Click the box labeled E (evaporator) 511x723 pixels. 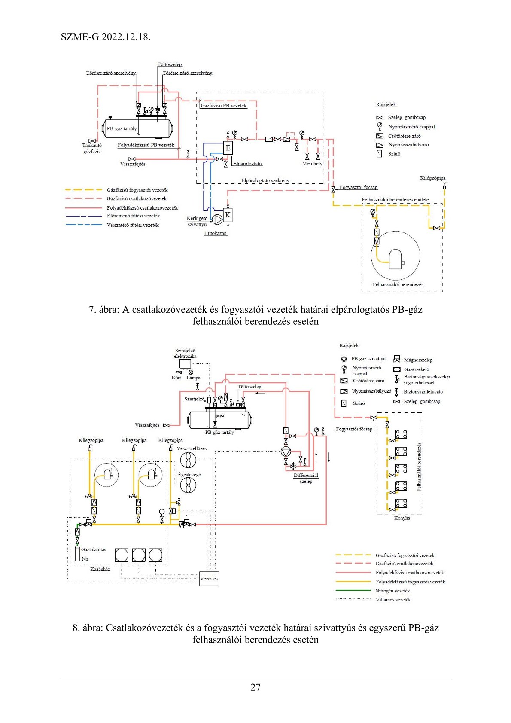[x=228, y=148]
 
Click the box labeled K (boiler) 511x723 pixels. [x=228, y=215]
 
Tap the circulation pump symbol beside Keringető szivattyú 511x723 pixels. [x=217, y=219]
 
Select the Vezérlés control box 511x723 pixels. [x=209, y=579]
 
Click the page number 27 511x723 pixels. [x=255, y=687]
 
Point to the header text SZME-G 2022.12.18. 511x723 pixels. [x=106, y=37]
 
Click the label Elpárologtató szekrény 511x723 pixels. [x=265, y=180]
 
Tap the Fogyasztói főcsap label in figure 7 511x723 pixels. [x=358, y=187]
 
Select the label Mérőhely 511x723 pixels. [x=312, y=164]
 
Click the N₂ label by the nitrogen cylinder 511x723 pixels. [x=85, y=559]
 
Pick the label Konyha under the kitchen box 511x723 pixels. [x=402, y=518]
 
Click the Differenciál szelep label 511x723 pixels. [x=306, y=478]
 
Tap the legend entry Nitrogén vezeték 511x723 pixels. [x=392, y=591]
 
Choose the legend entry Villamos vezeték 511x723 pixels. [x=393, y=600]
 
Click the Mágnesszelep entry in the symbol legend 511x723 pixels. [x=418, y=360]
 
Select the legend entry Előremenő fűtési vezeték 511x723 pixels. [x=133, y=216]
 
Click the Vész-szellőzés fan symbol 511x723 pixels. [x=188, y=460]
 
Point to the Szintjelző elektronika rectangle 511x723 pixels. [x=185, y=364]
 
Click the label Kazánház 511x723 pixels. [x=100, y=569]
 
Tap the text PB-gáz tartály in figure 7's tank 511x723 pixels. [x=122, y=128]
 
